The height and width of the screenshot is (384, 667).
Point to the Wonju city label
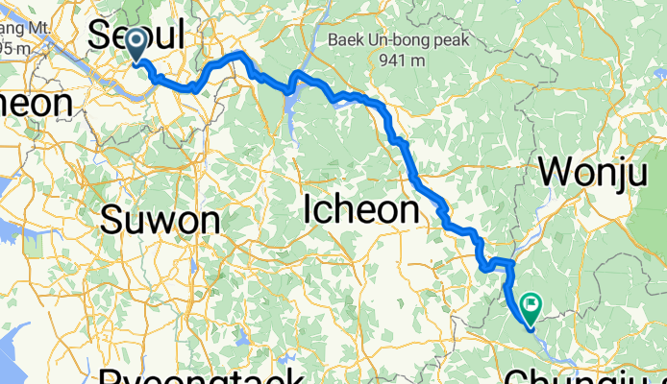(591, 173)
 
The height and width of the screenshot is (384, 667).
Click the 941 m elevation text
(401, 60)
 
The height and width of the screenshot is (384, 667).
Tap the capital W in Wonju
(556, 173)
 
